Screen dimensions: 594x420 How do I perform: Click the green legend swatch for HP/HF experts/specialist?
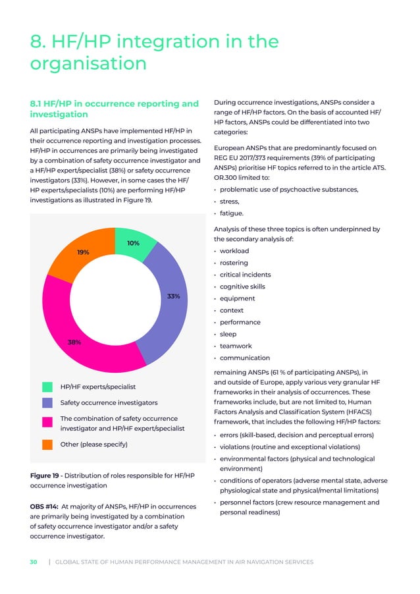click(x=47, y=387)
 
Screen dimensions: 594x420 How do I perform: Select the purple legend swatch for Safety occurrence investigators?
click(x=47, y=402)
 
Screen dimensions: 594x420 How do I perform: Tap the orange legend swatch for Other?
click(x=47, y=445)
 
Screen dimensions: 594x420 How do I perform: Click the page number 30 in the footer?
click(x=33, y=562)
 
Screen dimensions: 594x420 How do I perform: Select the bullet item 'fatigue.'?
click(x=231, y=213)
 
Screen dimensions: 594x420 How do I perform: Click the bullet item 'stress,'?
click(x=229, y=202)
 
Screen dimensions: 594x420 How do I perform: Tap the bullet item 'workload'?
click(x=234, y=251)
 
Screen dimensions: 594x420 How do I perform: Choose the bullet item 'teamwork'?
click(x=235, y=346)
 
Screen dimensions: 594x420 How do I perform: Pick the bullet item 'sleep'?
click(x=228, y=335)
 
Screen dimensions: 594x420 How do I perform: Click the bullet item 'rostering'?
click(x=233, y=263)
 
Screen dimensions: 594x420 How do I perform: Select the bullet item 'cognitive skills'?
click(x=245, y=286)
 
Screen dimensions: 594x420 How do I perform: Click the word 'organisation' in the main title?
click(x=88, y=64)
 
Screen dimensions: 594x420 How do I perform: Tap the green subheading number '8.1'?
click(x=39, y=103)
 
